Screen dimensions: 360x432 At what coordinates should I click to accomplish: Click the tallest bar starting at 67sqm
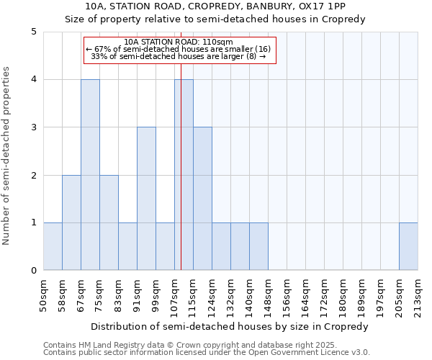point(90,175)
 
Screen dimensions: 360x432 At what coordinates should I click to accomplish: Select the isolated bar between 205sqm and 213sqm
point(408,246)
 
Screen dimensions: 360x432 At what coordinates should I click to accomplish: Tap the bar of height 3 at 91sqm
point(146,199)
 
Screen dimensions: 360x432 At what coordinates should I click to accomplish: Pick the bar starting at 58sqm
point(71,222)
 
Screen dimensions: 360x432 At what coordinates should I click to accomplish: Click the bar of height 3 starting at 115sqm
point(202,199)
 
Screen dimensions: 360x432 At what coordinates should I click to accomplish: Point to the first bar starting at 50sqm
point(53,246)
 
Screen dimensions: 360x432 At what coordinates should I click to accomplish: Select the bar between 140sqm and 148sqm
point(258,246)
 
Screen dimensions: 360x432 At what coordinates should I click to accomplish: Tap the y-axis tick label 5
point(33,32)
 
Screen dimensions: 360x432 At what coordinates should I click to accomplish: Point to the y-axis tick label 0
point(33,271)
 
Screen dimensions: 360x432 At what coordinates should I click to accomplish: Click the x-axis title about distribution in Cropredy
point(230,326)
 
